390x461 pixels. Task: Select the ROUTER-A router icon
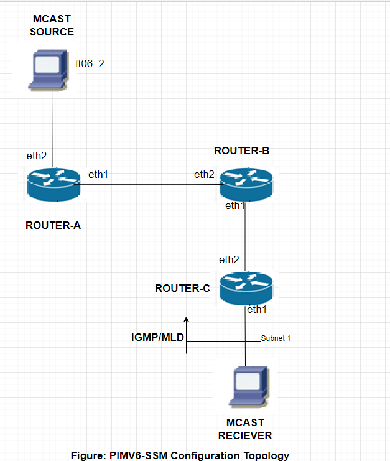pyautogui.click(x=53, y=184)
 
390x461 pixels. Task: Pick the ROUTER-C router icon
pyautogui.click(x=246, y=288)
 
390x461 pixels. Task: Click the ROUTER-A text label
pyautogui.click(x=53, y=226)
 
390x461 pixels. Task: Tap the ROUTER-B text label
pyautogui.click(x=241, y=151)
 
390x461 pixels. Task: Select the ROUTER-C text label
pyautogui.click(x=182, y=289)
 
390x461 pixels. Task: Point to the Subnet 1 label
pyautogui.click(x=276, y=338)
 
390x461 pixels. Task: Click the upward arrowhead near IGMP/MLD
pyautogui.click(x=187, y=319)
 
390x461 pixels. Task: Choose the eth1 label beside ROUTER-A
pyautogui.click(x=98, y=174)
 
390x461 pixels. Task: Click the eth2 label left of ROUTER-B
pyautogui.click(x=204, y=174)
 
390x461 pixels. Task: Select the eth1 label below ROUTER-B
pyautogui.click(x=235, y=206)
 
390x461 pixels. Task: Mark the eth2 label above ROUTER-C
pyautogui.click(x=229, y=259)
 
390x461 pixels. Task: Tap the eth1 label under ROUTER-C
pyautogui.click(x=257, y=309)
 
